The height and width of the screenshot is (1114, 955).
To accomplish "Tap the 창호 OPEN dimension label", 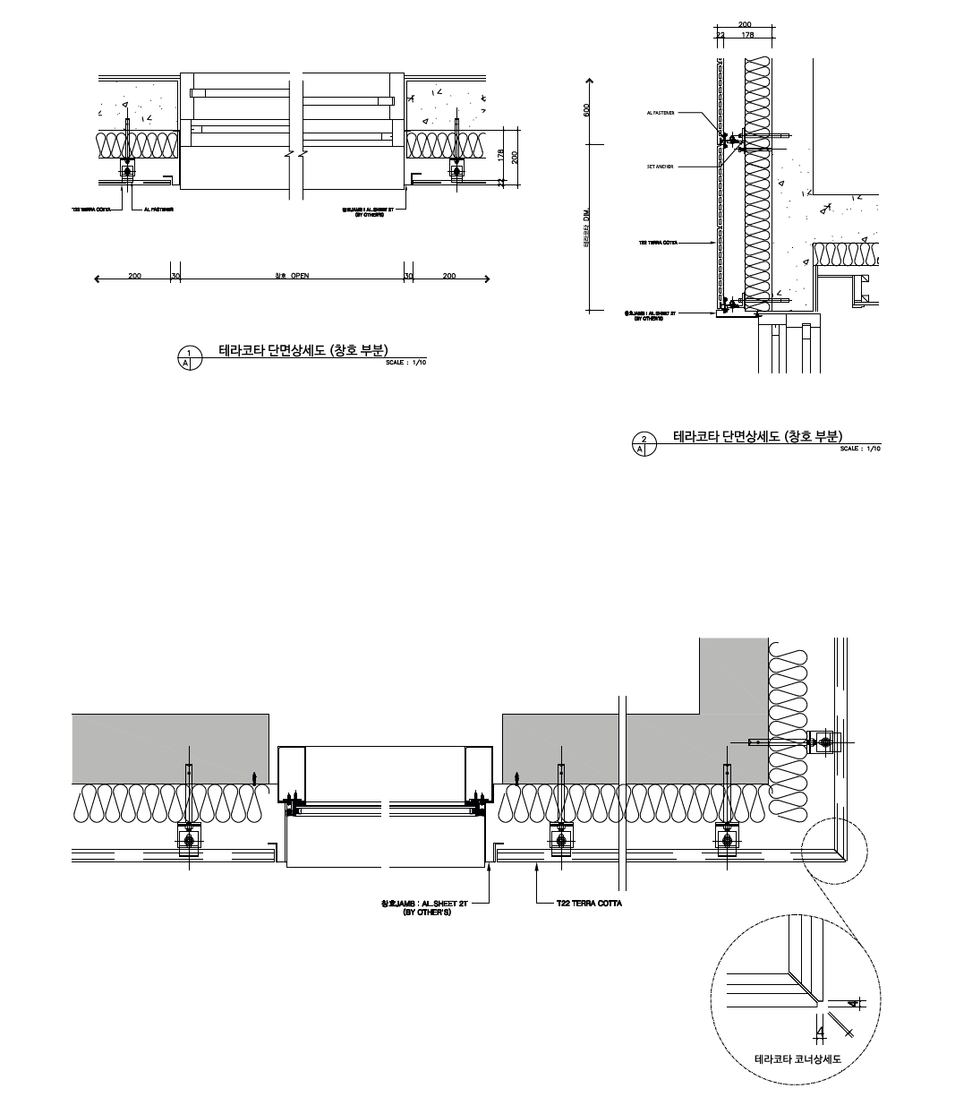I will [293, 276].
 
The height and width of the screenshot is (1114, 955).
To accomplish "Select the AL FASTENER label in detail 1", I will [158, 210].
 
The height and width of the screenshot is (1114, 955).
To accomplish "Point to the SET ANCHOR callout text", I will [660, 167].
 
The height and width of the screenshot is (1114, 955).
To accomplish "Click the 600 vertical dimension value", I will [587, 110].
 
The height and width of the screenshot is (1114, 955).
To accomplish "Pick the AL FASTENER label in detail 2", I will [660, 114].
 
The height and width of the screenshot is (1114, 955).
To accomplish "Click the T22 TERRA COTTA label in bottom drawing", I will [589, 904].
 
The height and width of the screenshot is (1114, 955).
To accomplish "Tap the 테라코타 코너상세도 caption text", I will [798, 1058].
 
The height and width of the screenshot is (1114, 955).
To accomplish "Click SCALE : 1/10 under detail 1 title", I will [406, 363].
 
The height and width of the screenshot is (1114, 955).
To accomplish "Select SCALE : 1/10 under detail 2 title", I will [860, 449].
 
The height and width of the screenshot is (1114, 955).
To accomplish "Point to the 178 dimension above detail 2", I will [747, 34].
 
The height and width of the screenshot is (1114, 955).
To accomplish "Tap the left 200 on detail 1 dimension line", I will [134, 276].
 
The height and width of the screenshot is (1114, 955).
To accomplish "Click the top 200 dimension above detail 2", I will [745, 24].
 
